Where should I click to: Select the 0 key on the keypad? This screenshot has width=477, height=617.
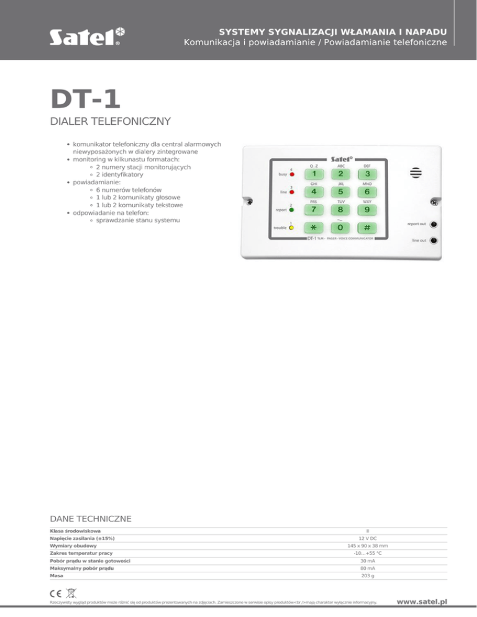[340, 227]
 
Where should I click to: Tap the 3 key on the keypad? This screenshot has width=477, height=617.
[368, 174]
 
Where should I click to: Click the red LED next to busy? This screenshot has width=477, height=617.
[292, 174]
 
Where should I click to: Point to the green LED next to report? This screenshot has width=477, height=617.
[292, 210]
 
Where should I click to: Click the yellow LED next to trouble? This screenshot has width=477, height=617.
[292, 227]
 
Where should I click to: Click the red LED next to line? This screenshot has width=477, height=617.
[292, 192]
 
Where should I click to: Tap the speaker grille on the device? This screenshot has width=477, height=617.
[416, 173]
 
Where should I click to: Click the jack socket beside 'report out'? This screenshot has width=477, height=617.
[433, 224]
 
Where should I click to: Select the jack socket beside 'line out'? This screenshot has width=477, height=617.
[433, 240]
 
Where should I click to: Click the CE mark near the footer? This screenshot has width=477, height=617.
[56, 595]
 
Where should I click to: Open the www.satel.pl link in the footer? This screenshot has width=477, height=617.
[422, 601]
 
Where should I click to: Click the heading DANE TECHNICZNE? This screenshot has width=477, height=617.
[90, 518]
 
